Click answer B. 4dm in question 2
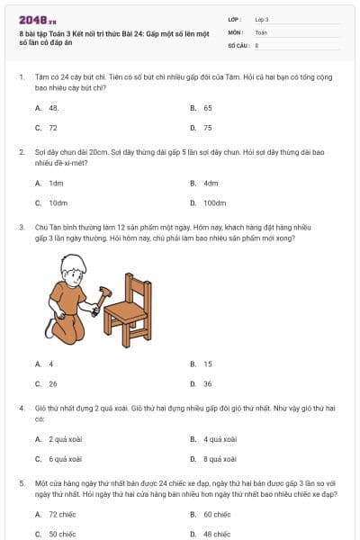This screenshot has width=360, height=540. click(205, 183)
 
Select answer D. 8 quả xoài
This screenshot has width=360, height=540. click(213, 459)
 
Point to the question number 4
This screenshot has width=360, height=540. click(21, 408)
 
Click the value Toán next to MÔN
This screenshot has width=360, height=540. click(261, 31)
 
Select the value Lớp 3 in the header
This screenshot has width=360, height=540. click(262, 19)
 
